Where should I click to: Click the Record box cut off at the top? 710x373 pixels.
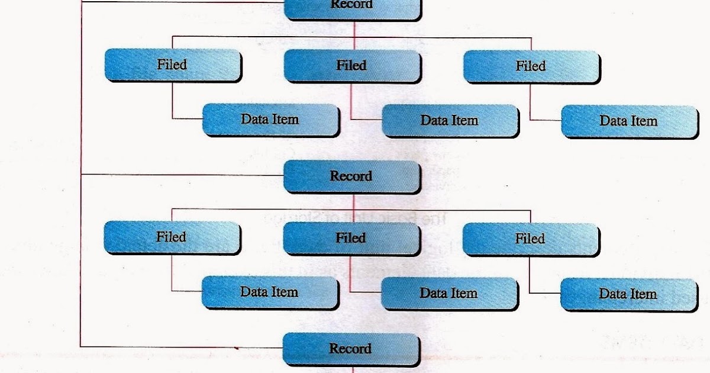point(353,8)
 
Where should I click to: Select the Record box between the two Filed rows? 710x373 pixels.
point(351,176)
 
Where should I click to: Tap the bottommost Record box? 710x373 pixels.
point(351,348)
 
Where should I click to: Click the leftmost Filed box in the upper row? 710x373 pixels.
point(172,65)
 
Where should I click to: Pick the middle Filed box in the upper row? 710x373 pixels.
point(351,65)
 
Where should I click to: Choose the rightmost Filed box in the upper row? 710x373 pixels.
point(531,66)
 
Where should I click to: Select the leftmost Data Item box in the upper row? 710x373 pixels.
point(270,120)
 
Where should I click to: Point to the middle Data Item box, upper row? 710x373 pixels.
point(450,121)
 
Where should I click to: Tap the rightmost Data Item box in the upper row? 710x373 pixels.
point(629,121)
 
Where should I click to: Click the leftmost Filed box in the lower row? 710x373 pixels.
point(172,237)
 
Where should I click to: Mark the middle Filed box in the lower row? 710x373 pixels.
point(351,238)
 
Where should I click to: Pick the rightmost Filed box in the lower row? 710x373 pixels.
point(530,239)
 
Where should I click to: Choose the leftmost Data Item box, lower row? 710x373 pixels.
point(269,292)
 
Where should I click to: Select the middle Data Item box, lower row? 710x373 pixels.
point(449,294)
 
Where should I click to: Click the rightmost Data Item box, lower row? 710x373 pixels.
point(628,294)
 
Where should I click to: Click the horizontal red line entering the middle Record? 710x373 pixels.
point(177,175)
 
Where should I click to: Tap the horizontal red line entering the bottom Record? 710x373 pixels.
point(177,346)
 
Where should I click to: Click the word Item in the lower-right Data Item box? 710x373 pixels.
point(643,294)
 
